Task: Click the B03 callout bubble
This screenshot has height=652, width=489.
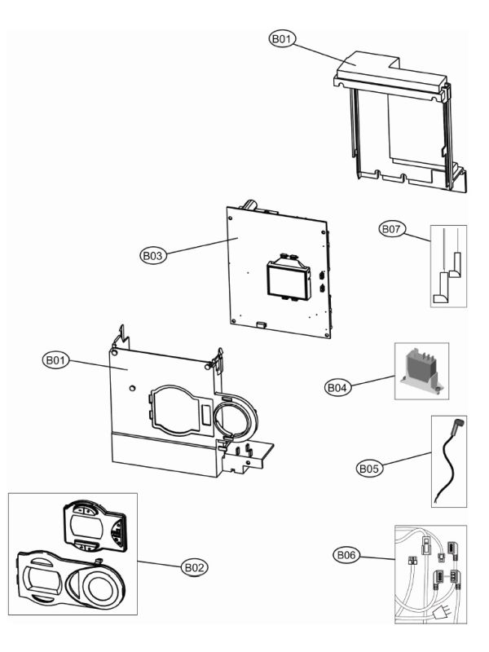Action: [x=153, y=255]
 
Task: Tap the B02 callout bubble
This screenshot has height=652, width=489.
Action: [x=195, y=567]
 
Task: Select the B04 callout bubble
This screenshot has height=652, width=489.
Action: [x=337, y=388]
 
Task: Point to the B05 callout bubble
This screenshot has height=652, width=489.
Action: [x=369, y=469]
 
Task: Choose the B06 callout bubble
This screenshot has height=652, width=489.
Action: [x=346, y=555]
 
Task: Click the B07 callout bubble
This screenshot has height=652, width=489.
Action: [x=392, y=229]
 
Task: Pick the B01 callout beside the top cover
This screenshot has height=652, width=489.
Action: [x=282, y=38]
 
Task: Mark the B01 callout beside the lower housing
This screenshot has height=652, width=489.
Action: [x=55, y=359]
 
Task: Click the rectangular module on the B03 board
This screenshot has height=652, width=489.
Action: [x=289, y=278]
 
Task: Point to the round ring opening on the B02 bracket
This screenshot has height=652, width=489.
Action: [x=99, y=587]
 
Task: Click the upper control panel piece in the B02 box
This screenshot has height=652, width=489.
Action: [x=94, y=527]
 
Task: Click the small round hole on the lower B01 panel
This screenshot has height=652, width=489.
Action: [x=132, y=388]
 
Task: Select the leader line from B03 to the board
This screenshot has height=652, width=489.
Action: [x=202, y=245]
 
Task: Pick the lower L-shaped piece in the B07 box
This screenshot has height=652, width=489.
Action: [x=441, y=288]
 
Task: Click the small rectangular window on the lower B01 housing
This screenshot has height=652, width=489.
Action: [x=205, y=416]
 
